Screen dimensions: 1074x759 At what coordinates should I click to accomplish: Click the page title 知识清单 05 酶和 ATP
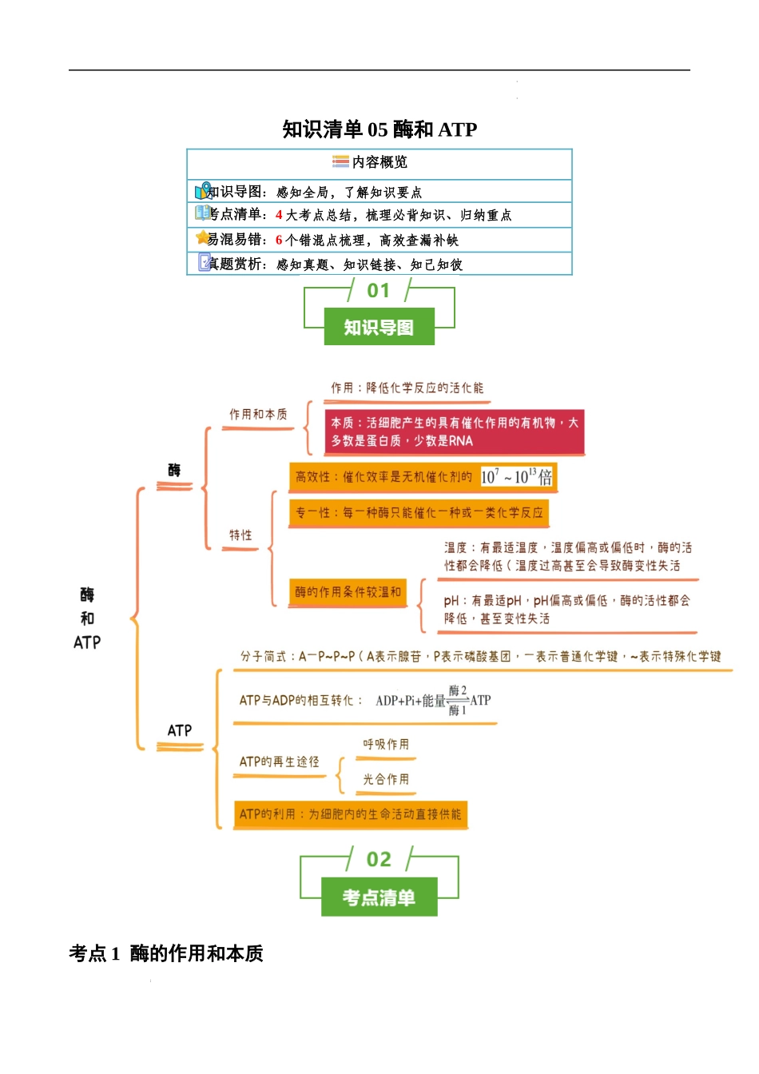click(x=379, y=129)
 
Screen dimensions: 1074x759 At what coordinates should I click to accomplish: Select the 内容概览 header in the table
click(x=379, y=162)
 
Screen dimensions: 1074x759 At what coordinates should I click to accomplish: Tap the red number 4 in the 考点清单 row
click(x=279, y=215)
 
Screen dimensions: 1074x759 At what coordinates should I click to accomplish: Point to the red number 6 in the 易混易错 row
click(x=279, y=240)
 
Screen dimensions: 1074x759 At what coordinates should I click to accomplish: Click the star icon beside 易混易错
click(x=202, y=237)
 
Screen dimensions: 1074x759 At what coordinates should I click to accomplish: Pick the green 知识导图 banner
click(x=379, y=327)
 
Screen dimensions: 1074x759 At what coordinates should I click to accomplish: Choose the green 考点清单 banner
click(x=379, y=897)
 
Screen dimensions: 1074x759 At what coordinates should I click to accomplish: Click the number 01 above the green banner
click(x=379, y=291)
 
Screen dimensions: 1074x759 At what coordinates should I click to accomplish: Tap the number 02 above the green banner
click(x=379, y=860)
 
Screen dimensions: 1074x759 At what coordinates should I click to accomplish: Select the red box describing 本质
click(x=455, y=432)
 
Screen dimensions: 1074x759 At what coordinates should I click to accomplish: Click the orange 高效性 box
click(x=423, y=477)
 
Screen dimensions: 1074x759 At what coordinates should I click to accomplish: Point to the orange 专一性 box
click(x=419, y=512)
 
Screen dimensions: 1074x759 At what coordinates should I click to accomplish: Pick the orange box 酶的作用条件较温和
click(x=348, y=592)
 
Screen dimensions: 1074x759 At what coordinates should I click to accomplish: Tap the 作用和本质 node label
click(x=258, y=414)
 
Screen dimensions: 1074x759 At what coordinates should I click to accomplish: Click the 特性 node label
click(x=240, y=535)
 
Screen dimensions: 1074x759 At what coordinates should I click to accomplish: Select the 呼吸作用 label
click(x=386, y=745)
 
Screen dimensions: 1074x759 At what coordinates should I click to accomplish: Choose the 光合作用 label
click(x=386, y=779)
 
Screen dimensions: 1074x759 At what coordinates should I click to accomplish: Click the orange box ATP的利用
click(x=350, y=814)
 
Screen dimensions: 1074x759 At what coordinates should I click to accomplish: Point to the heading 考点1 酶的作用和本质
click(x=166, y=953)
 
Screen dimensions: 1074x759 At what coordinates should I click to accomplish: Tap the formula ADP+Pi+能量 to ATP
click(x=433, y=701)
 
